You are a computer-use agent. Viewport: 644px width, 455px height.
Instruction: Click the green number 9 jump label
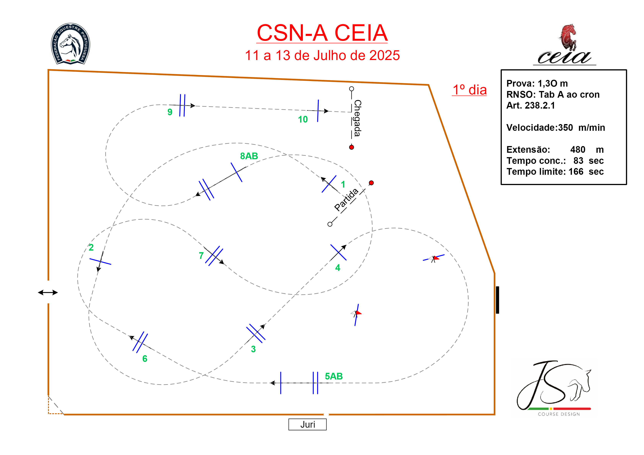pos(170,112)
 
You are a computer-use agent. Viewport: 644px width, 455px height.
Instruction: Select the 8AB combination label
pos(249,156)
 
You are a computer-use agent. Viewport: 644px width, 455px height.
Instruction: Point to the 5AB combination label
pos(334,376)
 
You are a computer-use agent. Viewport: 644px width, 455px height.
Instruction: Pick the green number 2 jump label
pos(91,247)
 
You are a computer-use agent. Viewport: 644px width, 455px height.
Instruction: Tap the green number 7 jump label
pos(201,256)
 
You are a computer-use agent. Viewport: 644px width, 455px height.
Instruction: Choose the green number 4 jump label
pos(338,268)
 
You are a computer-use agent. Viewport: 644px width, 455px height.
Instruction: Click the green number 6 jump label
pos(145,359)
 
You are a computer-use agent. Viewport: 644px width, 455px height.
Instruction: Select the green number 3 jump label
pos(253,349)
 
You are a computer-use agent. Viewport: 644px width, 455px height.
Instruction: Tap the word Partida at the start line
pos(346,200)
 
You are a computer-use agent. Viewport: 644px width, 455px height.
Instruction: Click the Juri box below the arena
pos(307,424)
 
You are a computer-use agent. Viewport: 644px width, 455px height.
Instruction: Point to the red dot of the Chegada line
pos(351,147)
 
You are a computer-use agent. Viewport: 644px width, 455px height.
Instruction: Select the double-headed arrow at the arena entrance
pos(48,292)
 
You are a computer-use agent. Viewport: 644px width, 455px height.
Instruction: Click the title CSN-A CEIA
pos(322,33)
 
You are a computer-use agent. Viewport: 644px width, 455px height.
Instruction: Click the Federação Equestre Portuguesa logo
pos(70,44)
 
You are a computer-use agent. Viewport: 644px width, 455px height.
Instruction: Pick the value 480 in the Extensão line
pos(577,150)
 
